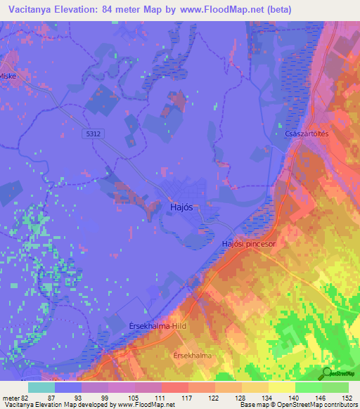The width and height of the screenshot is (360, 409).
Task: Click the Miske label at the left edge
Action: (x=8, y=79)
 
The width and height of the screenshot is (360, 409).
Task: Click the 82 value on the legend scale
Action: (x=25, y=397)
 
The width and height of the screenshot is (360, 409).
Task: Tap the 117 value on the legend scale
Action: (x=188, y=397)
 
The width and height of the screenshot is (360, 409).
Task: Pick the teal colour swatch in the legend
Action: (x=41, y=388)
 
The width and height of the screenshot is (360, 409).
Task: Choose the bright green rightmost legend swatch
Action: (x=335, y=388)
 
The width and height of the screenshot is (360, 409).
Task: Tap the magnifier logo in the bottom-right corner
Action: (x=328, y=373)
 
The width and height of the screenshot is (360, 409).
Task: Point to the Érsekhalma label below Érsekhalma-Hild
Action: (x=191, y=356)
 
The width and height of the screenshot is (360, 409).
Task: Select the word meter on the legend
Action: (x=10, y=397)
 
